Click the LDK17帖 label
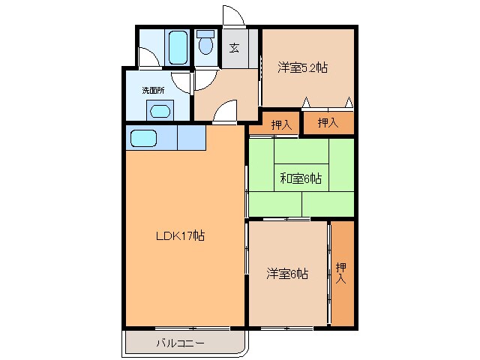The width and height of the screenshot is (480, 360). click(180, 235)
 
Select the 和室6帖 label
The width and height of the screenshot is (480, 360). click(301, 178)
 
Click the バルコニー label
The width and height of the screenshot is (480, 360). click(180, 343)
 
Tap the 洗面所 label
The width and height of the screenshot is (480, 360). click(153, 90)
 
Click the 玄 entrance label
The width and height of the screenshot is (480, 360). click(234, 48)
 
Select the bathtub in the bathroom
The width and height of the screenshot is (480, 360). click(178, 47)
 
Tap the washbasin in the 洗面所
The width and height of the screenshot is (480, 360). click(160, 111)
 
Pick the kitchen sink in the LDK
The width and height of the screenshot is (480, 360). click(143, 138)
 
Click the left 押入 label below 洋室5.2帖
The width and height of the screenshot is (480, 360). click(280, 124)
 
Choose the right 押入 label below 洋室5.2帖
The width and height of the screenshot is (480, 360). click(328, 122)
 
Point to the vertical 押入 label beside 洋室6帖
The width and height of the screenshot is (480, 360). click(341, 273)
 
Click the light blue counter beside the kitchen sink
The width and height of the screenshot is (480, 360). click(191, 139)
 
